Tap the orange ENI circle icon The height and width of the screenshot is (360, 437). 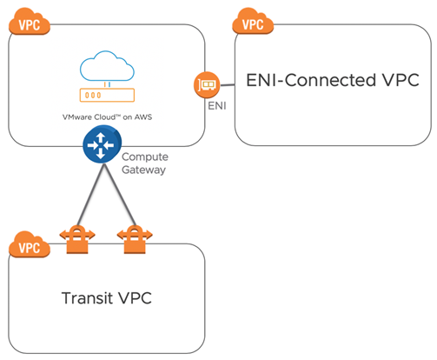point(205,86)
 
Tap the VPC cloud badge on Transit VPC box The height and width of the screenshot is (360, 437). point(28,246)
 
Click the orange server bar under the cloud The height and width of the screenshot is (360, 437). point(103,94)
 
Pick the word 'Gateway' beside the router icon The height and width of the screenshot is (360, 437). point(144,170)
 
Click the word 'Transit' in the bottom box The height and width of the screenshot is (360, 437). point(91,298)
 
